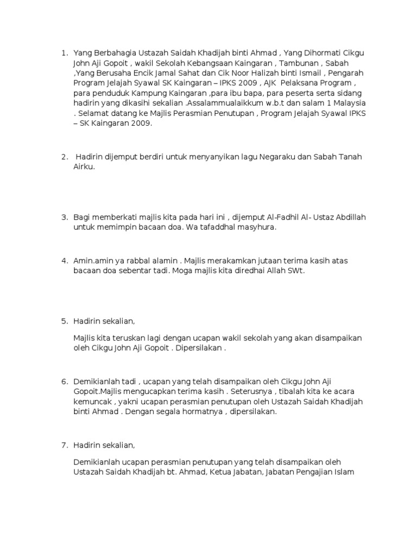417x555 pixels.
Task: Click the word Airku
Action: pyautogui.click(x=84, y=167)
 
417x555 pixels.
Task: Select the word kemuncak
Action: pyautogui.click(x=93, y=402)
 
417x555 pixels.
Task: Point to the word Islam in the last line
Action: pyautogui.click(x=343, y=472)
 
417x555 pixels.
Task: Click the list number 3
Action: pyautogui.click(x=65, y=217)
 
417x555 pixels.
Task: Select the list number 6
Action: pyautogui.click(x=65, y=382)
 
